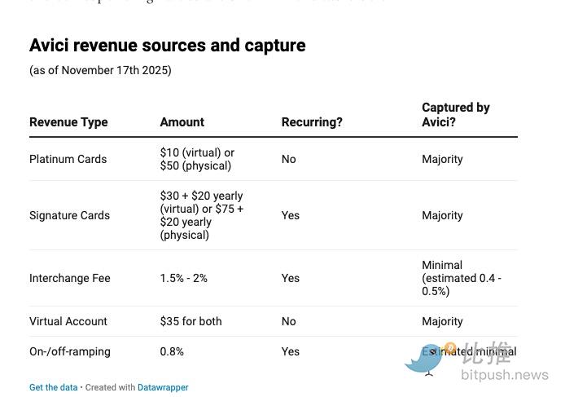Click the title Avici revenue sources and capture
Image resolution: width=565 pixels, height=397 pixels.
[x=167, y=46]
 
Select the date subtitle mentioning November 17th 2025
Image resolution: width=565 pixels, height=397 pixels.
[x=100, y=70]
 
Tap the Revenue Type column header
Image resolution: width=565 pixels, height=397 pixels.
[x=68, y=122]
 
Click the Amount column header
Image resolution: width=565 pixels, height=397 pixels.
[x=182, y=122]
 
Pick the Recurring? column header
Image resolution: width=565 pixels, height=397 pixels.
[x=312, y=122]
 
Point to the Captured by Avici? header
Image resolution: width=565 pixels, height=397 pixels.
[x=455, y=115]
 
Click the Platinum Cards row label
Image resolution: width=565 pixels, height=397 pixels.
[x=68, y=159]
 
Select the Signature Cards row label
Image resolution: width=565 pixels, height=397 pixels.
[x=69, y=215]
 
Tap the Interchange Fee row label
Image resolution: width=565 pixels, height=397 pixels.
[x=69, y=278]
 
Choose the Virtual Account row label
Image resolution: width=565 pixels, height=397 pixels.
[x=68, y=321]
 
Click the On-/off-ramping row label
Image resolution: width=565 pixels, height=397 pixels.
[x=69, y=351]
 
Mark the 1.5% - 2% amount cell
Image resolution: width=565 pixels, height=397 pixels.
[x=183, y=278]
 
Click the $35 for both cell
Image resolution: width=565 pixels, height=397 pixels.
[x=191, y=321]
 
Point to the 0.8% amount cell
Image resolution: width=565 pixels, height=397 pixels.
[x=172, y=351]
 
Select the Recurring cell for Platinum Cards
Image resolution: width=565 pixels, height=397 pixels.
[x=288, y=159]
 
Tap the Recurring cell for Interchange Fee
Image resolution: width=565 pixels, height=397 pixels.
[x=290, y=278]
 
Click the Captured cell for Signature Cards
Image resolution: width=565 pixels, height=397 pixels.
[x=442, y=215]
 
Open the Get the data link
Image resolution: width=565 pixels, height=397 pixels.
[x=53, y=387]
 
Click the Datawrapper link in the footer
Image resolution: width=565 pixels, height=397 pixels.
[x=163, y=387]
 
